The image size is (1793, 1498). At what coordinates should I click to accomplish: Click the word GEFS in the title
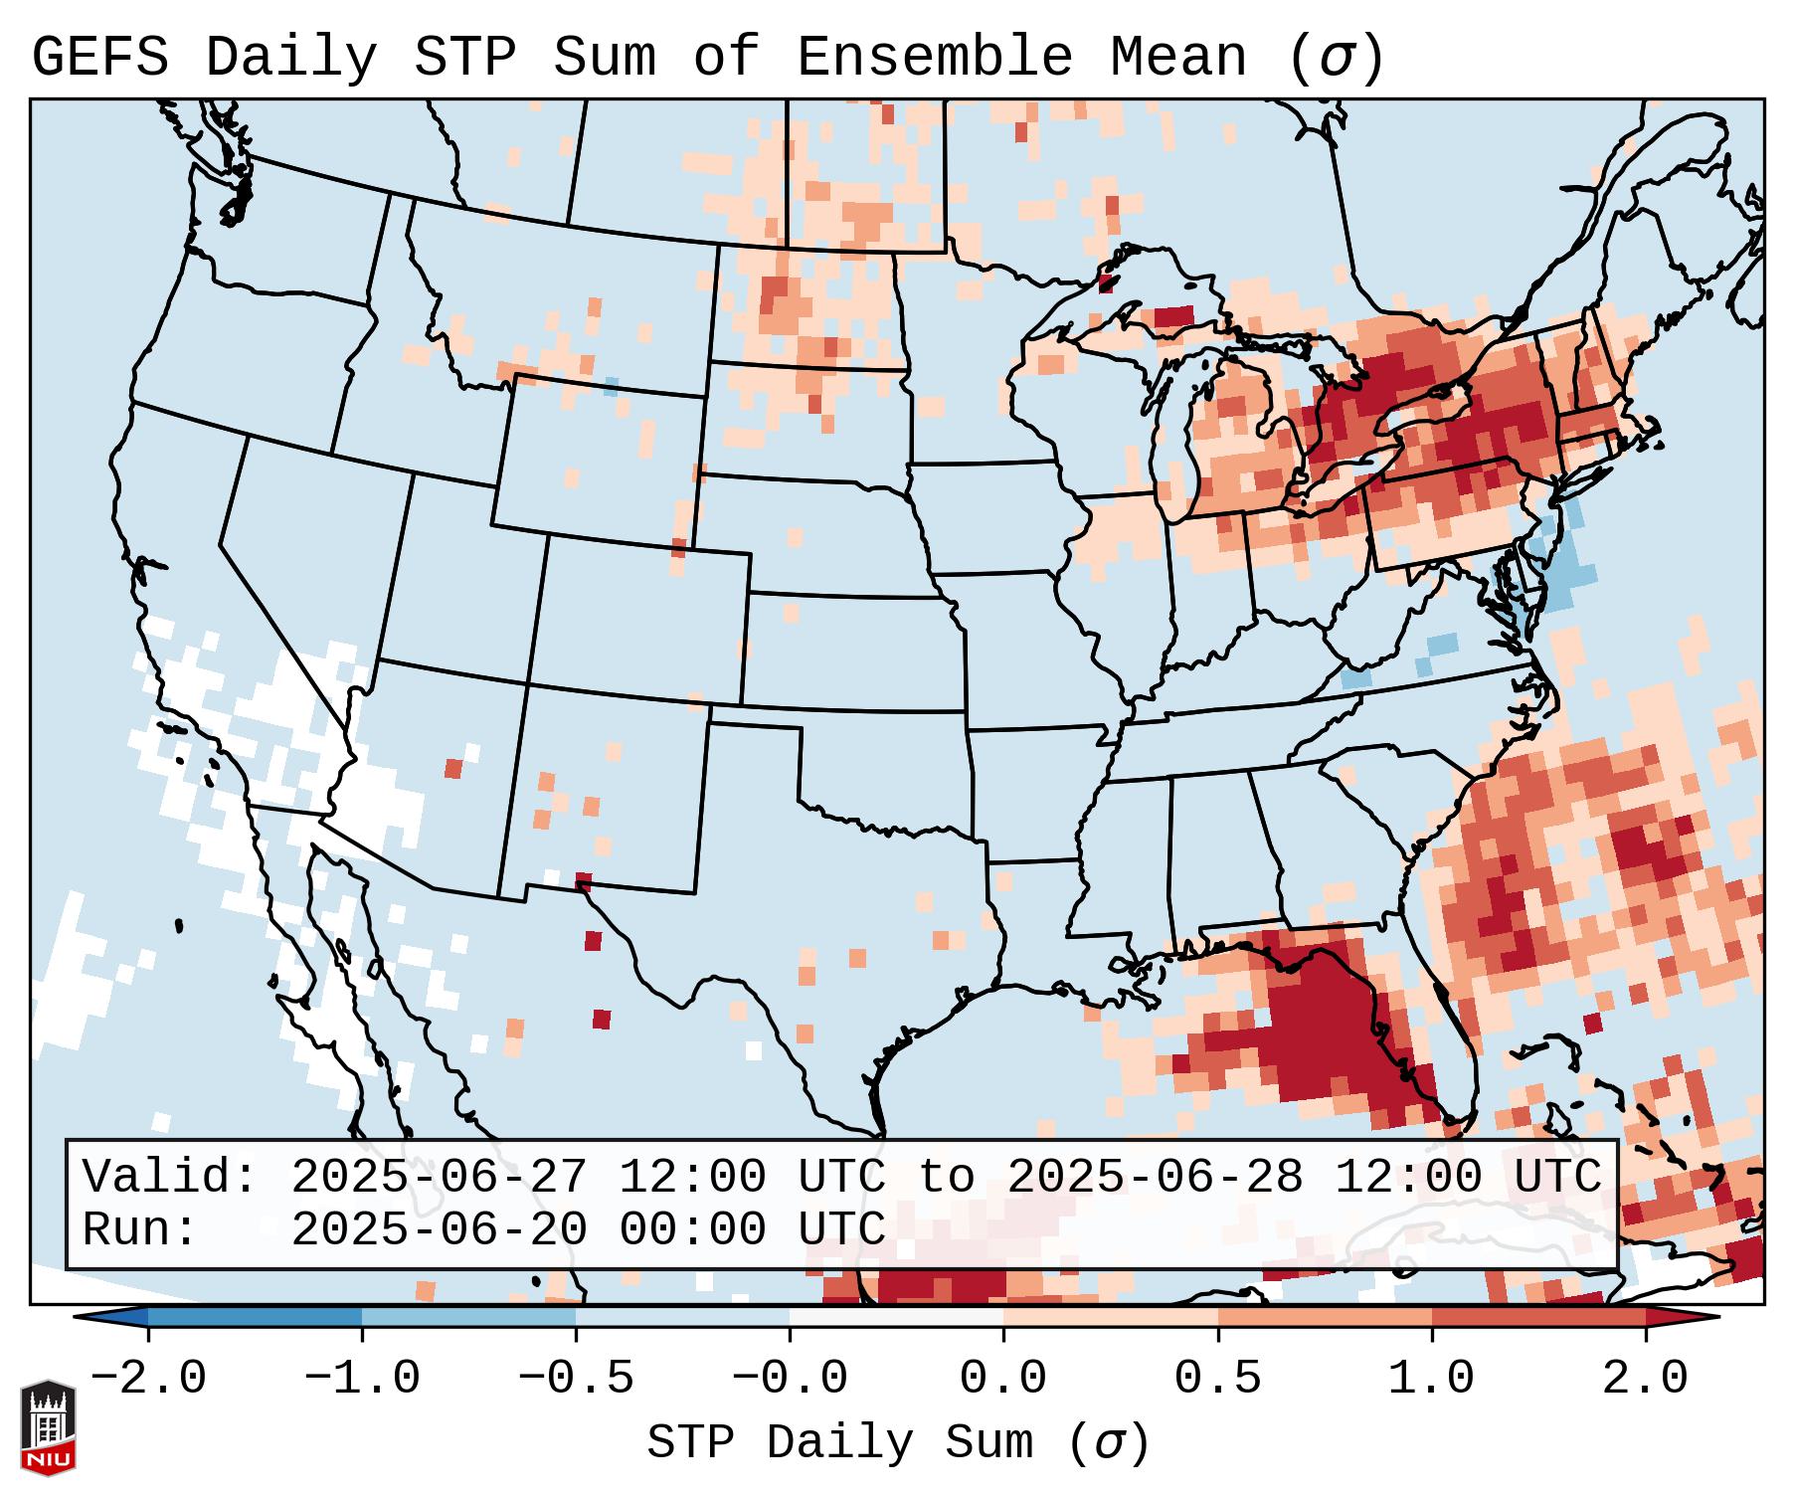click(99, 58)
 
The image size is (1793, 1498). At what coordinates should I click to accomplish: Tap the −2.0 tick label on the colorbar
click(148, 1379)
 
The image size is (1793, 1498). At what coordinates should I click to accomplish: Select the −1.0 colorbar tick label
click(362, 1379)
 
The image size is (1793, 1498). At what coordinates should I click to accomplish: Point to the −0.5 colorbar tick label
click(576, 1379)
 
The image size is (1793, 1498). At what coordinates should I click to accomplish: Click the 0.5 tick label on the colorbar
click(1218, 1379)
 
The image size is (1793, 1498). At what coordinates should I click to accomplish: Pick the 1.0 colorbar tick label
click(1432, 1379)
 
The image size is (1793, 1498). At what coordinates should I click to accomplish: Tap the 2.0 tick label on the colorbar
click(1646, 1379)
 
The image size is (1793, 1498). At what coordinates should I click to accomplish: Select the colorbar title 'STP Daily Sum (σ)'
click(898, 1443)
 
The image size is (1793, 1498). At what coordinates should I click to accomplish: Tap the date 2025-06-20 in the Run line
click(439, 1229)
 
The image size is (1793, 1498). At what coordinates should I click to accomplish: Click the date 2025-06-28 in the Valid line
click(1155, 1178)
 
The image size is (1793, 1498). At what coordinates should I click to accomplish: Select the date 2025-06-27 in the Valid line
click(439, 1178)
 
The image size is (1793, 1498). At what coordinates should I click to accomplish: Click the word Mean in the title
click(1178, 58)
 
